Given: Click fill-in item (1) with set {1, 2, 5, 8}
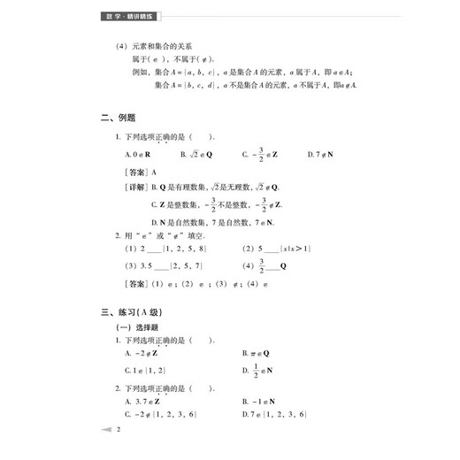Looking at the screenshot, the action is tap(167, 250).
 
